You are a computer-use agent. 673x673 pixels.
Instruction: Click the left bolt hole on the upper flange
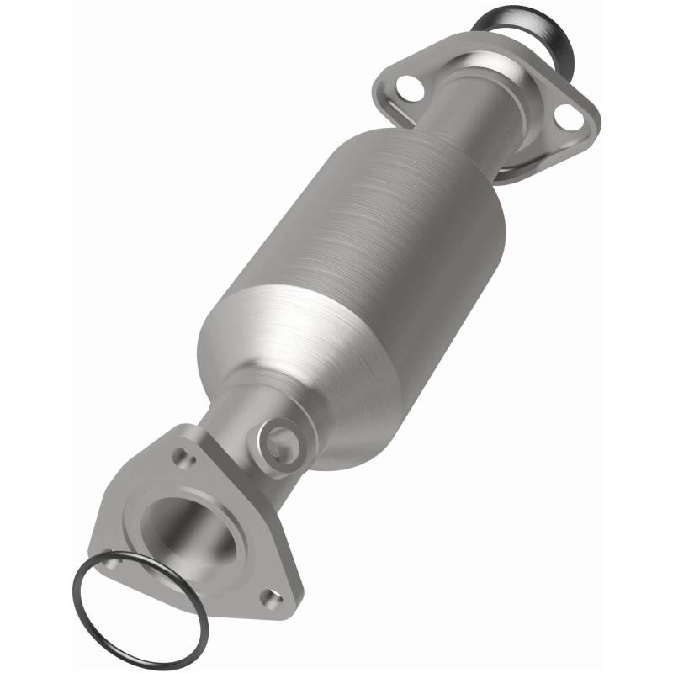(408, 86)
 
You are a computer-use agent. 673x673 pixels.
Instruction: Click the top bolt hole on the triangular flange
(181, 459)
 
